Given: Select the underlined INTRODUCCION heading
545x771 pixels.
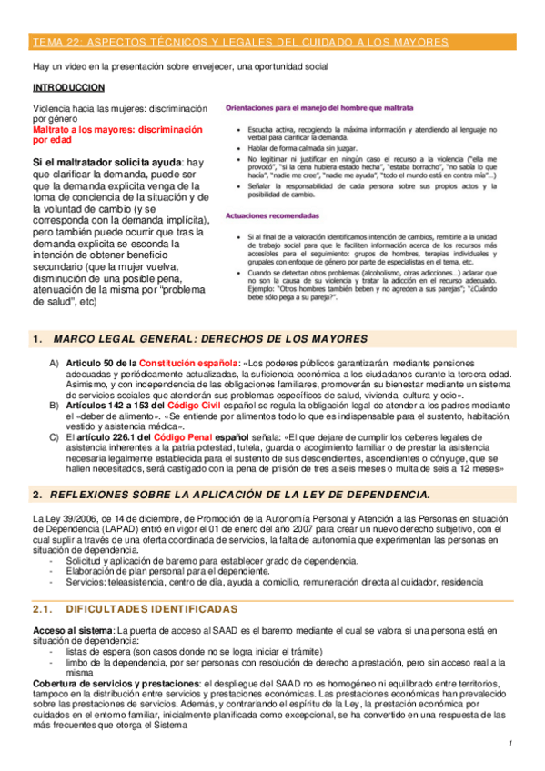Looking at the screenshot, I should tap(68, 88).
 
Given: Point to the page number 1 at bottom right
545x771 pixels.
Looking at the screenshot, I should tap(510, 744).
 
